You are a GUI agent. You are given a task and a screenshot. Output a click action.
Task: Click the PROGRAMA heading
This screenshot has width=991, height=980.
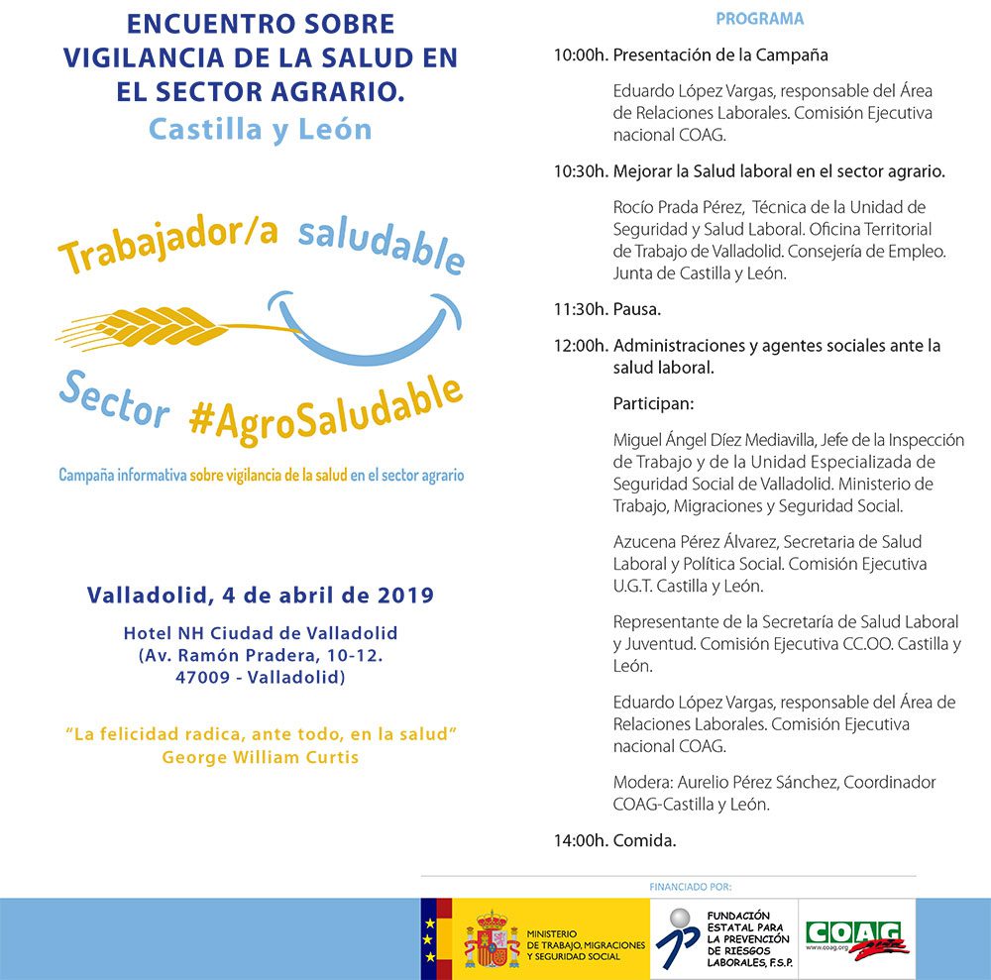point(759,19)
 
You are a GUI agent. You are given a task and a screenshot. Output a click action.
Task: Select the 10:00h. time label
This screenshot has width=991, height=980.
point(581,55)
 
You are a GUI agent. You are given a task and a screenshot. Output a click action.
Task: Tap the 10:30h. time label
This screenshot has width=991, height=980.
point(581,171)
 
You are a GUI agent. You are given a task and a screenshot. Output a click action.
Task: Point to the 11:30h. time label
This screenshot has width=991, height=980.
point(581,309)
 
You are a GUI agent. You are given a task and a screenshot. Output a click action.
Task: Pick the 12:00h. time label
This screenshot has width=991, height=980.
point(581,346)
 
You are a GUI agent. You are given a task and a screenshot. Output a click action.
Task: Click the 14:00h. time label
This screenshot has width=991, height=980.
point(581,840)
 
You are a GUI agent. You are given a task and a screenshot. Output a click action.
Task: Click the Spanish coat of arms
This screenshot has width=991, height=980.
point(492,940)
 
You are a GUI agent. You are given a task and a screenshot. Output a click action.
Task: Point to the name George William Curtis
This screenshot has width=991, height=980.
point(260,757)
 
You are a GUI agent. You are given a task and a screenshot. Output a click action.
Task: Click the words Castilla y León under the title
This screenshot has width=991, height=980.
point(260,129)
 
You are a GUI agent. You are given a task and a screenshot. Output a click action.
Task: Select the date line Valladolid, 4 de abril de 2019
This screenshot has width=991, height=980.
point(260,596)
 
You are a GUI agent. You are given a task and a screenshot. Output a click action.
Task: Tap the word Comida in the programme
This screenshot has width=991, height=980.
point(644,840)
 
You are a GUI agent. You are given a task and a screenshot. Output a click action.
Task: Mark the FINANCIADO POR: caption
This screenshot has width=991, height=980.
point(690,887)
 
